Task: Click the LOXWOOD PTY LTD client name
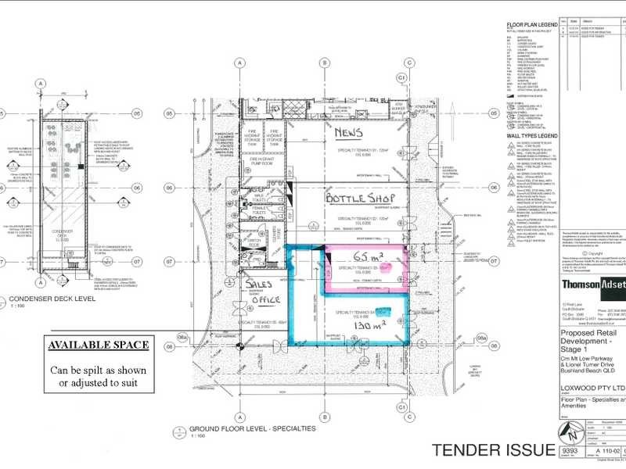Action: (592, 387)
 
